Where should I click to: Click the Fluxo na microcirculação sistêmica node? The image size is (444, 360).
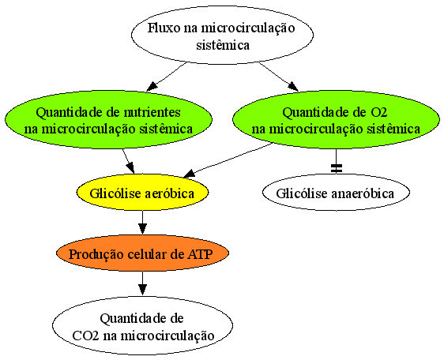(x=222, y=35)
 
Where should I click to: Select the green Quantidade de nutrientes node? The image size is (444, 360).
(x=108, y=119)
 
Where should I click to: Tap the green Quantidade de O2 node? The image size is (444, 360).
(x=336, y=119)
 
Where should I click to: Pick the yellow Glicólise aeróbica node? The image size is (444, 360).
(x=142, y=193)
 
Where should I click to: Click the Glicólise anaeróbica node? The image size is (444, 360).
(x=336, y=193)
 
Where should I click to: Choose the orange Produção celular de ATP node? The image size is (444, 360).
(x=142, y=253)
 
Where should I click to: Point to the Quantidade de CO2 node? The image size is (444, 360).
(x=142, y=325)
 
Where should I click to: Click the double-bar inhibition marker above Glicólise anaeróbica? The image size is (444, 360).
(x=336, y=168)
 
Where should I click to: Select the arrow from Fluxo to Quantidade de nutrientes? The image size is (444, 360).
(x=166, y=77)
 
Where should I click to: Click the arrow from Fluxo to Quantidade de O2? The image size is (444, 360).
(x=279, y=77)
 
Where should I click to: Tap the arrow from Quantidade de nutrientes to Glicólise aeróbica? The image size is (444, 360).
(x=128, y=161)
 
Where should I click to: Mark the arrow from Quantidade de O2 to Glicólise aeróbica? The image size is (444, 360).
(x=228, y=160)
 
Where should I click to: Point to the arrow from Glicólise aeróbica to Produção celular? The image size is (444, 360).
(x=142, y=223)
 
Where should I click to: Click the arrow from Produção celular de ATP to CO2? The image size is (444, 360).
(x=142, y=284)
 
